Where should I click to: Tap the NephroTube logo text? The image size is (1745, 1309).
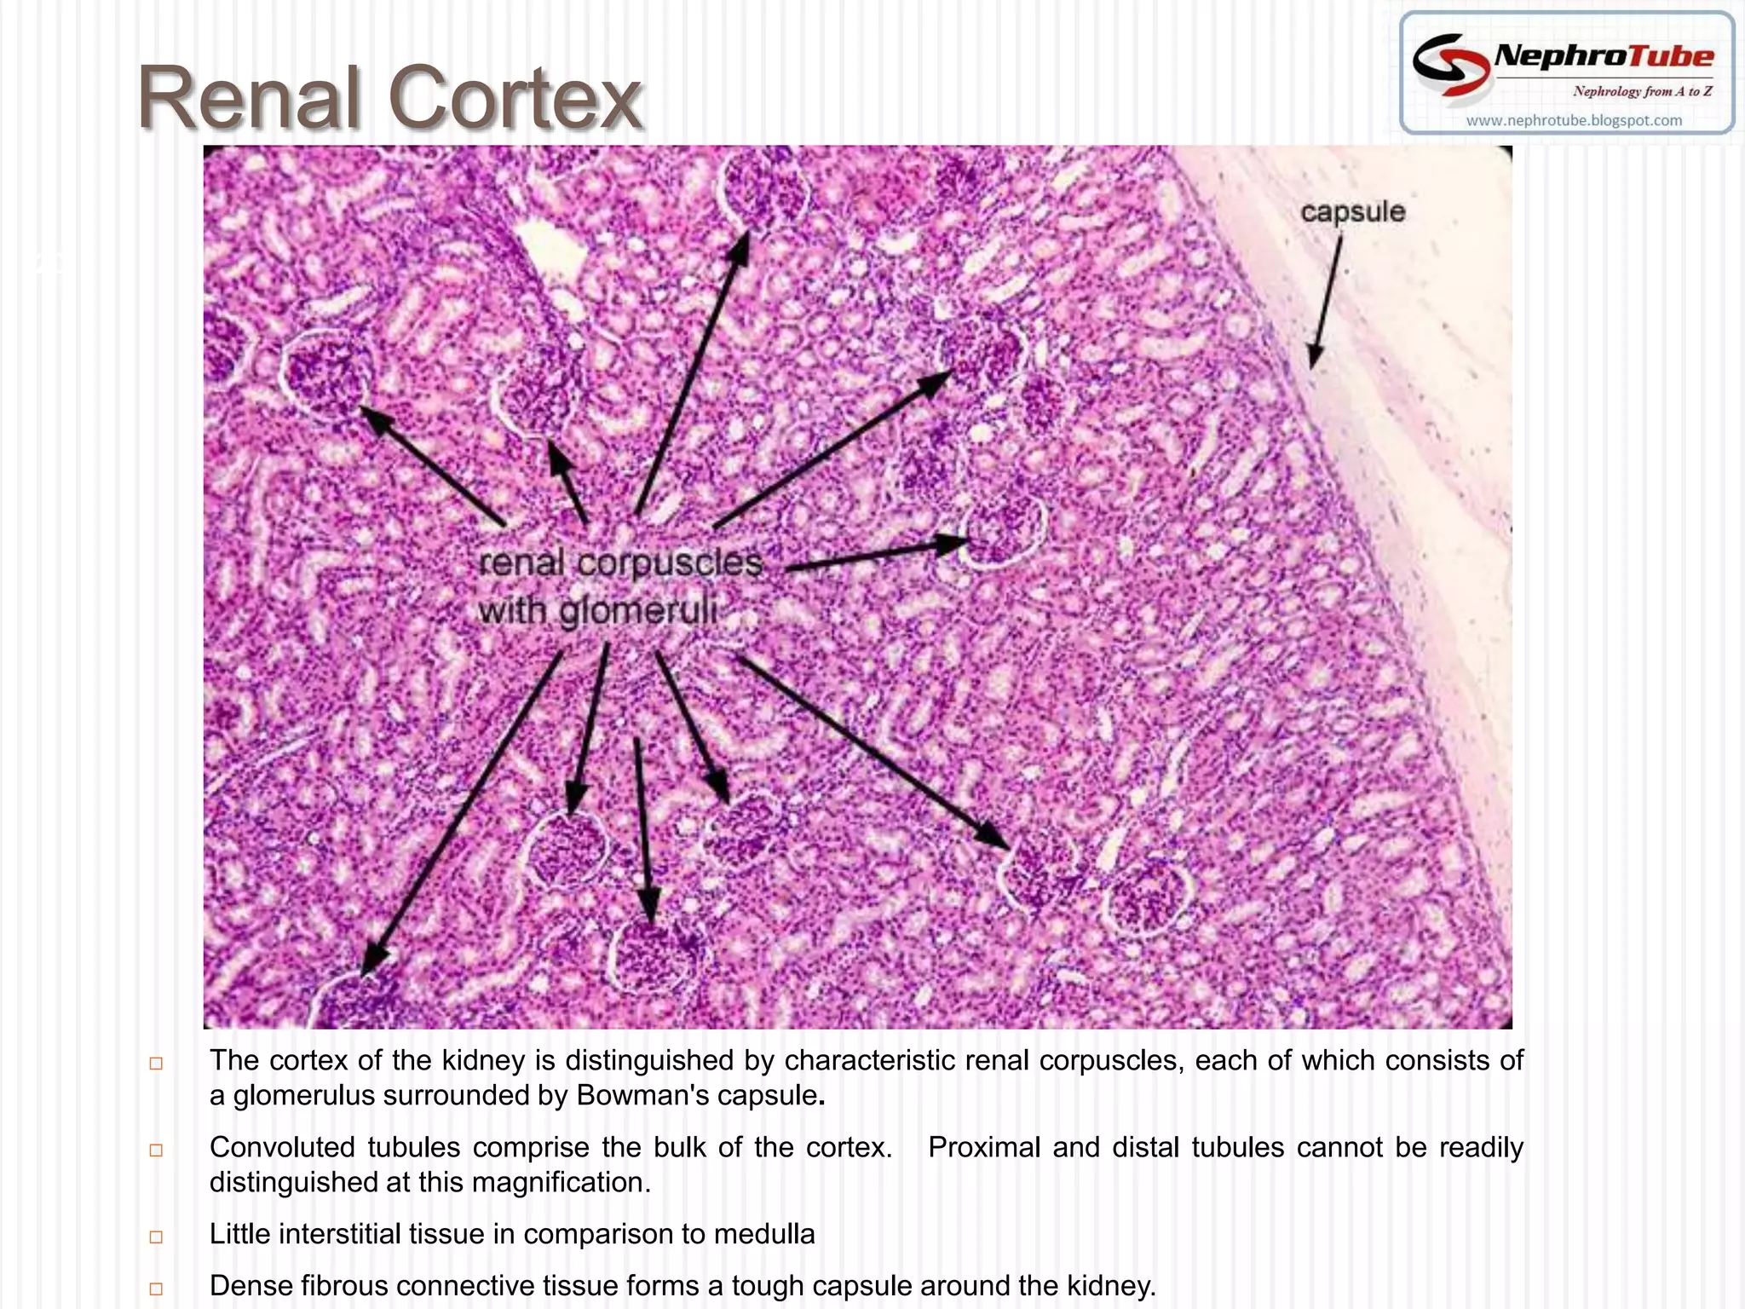[1604, 56]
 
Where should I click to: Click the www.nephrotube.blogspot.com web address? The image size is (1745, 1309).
[1574, 120]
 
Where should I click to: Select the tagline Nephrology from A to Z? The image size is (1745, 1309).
[1642, 91]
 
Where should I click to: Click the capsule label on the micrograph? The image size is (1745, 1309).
[1352, 211]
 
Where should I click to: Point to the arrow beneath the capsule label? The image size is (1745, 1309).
[1327, 302]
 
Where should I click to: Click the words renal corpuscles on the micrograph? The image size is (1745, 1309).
[620, 562]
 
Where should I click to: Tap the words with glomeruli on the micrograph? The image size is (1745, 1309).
[596, 610]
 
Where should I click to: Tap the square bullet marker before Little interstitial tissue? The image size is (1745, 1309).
[156, 1237]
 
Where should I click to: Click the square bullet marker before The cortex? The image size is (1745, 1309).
[156, 1063]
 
